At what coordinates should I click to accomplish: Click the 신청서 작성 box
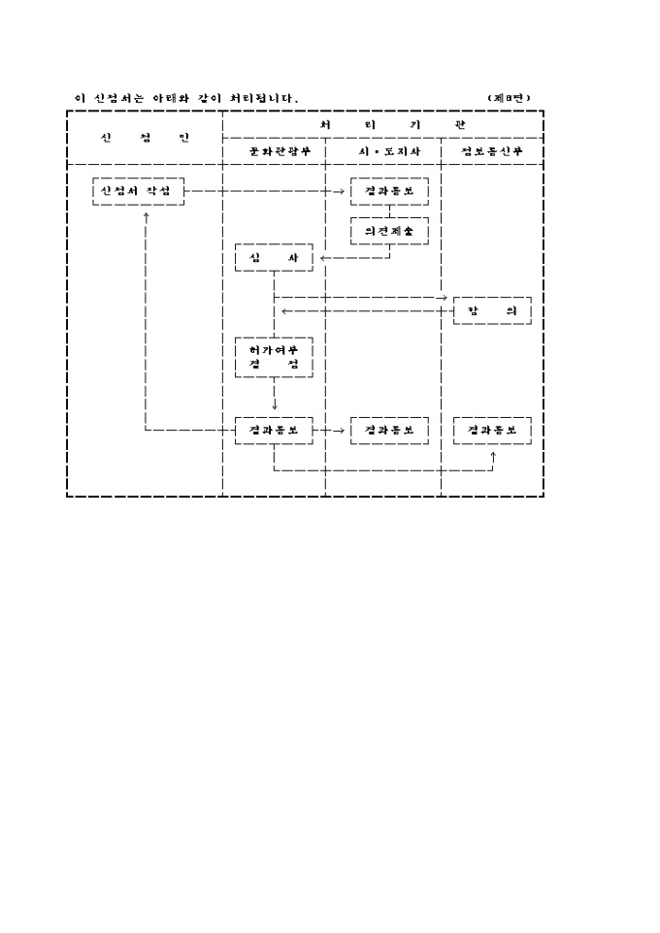[x=138, y=191]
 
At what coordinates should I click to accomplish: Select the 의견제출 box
[x=389, y=231]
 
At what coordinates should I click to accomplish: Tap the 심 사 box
[x=274, y=258]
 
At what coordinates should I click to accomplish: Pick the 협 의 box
[x=492, y=310]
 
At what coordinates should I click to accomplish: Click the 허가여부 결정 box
[x=274, y=357]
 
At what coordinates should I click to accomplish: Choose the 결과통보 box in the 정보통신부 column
[x=492, y=429]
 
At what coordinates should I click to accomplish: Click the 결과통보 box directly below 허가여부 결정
[x=274, y=429]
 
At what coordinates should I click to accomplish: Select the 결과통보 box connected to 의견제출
[x=389, y=191]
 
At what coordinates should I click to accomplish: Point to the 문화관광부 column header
[x=273, y=152]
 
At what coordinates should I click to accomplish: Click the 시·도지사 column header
[x=382, y=152]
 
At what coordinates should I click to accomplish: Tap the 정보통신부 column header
[x=492, y=152]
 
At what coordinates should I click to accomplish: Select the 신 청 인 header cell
[x=145, y=138]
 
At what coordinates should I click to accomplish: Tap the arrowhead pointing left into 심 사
[x=322, y=259]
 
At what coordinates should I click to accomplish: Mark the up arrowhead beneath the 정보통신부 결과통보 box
[x=493, y=453]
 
